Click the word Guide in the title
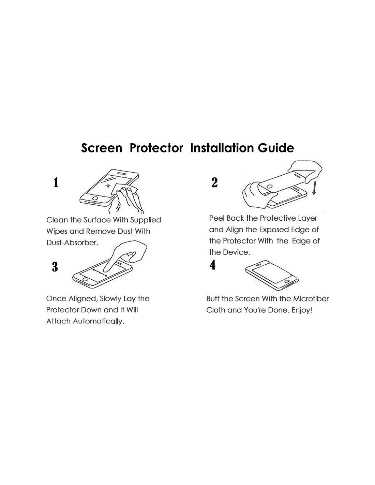(276, 148)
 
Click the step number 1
(56, 182)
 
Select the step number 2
(214, 182)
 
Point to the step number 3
(55, 267)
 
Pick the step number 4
(212, 265)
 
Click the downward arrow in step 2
(314, 188)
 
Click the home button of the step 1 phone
(95, 198)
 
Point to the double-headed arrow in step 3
(100, 273)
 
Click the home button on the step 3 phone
(85, 279)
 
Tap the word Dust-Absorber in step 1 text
(72, 242)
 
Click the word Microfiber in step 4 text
(311, 299)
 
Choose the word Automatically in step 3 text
(99, 321)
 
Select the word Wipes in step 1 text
(57, 232)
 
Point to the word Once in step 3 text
(56, 299)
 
